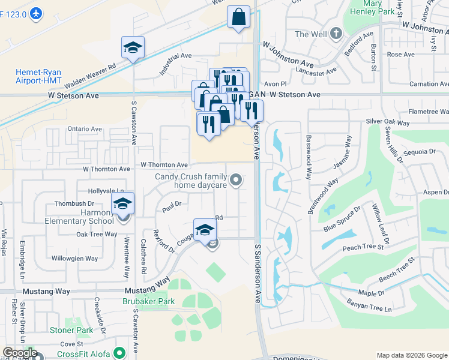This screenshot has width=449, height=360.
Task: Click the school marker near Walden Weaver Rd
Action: pos(133,48)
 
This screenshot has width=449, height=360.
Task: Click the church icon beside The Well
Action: pos(336,34)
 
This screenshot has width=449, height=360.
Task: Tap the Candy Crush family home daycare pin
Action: pos(237,179)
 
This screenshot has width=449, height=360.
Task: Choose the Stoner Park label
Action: pos(71,330)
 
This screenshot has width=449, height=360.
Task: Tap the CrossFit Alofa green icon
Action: pos(119,353)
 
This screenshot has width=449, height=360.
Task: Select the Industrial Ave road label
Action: pos(175,64)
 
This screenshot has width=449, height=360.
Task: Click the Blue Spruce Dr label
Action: pos(342,220)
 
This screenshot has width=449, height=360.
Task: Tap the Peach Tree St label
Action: pos(363,247)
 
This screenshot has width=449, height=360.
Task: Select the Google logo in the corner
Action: pos(19,353)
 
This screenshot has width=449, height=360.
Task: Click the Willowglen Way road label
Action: pos(74,259)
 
